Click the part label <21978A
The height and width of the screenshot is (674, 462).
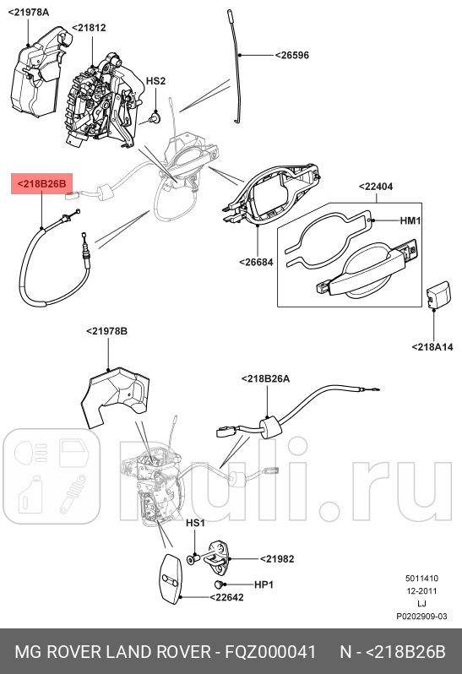point(28,13)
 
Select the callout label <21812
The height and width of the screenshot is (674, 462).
point(89,28)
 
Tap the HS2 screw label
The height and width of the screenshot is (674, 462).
point(155,81)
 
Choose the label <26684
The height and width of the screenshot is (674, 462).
point(254,262)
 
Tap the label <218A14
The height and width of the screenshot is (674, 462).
point(432,346)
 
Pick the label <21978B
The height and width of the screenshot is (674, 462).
point(106,331)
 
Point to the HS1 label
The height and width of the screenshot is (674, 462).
point(195,524)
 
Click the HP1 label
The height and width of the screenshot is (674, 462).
point(264,584)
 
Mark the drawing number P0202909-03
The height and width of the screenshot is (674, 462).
point(421,617)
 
